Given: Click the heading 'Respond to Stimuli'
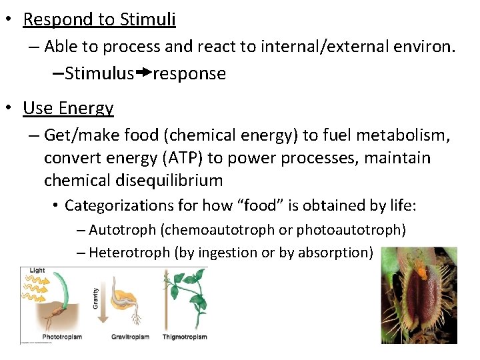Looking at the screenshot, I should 99,19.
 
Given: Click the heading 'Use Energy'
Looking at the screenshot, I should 68,108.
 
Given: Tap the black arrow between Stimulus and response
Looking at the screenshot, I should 143,73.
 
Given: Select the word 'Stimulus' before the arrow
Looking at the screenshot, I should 99,73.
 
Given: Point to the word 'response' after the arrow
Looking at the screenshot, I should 189,74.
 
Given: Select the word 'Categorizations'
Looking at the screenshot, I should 119,205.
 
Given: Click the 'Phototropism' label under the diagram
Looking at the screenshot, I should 62,337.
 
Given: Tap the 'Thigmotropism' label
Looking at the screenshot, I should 185,337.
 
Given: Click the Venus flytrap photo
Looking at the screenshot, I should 419,295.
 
